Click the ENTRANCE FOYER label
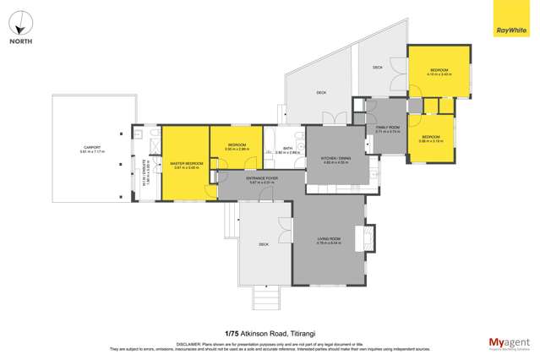click(262, 180)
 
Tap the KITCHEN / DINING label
click(336, 158)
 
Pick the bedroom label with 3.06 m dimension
click(431, 139)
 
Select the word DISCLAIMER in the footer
click(186, 344)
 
